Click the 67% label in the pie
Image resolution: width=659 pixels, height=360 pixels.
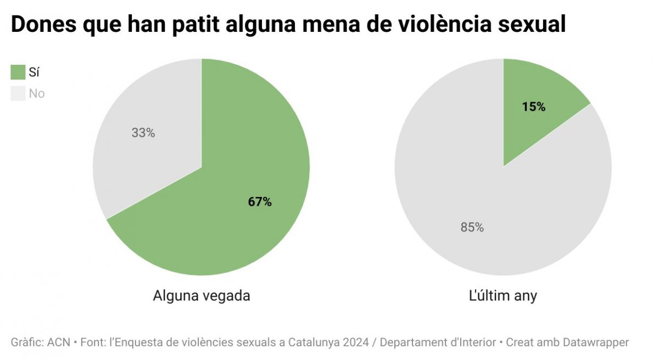[260, 202]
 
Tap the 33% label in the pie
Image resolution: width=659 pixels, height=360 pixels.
[143, 133]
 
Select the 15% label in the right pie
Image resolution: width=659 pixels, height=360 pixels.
[534, 107]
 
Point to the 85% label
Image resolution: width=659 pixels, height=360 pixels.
[472, 227]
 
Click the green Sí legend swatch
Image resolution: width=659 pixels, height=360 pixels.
[18, 72]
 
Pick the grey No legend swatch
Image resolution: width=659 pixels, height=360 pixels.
[18, 93]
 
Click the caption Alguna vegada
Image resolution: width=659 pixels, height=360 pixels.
[202, 296]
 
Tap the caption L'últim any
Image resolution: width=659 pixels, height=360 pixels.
[503, 296]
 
